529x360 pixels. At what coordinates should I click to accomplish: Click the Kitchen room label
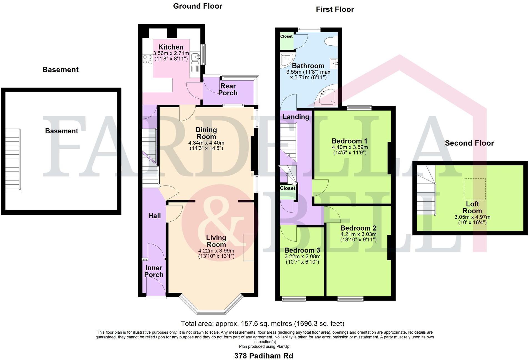[x=171, y=47]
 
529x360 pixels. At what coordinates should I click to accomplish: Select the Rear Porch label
[x=228, y=89]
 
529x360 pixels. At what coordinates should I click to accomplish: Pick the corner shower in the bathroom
[x=287, y=60]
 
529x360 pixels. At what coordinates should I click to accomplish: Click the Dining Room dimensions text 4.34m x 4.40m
[x=206, y=143]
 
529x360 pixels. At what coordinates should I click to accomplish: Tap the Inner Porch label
[x=154, y=271]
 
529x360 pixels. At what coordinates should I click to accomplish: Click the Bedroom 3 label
[x=302, y=250]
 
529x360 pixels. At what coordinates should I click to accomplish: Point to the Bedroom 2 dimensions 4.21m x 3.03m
[x=358, y=234]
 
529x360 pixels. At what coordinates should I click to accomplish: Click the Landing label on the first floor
[x=296, y=117]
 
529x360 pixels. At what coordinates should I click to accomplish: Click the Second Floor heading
[x=469, y=143]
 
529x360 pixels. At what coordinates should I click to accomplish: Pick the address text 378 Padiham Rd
[x=263, y=356]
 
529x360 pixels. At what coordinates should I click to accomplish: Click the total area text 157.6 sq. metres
[x=262, y=324]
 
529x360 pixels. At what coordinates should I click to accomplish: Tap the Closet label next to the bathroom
[x=286, y=36]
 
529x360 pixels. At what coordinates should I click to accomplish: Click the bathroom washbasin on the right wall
[x=334, y=64]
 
